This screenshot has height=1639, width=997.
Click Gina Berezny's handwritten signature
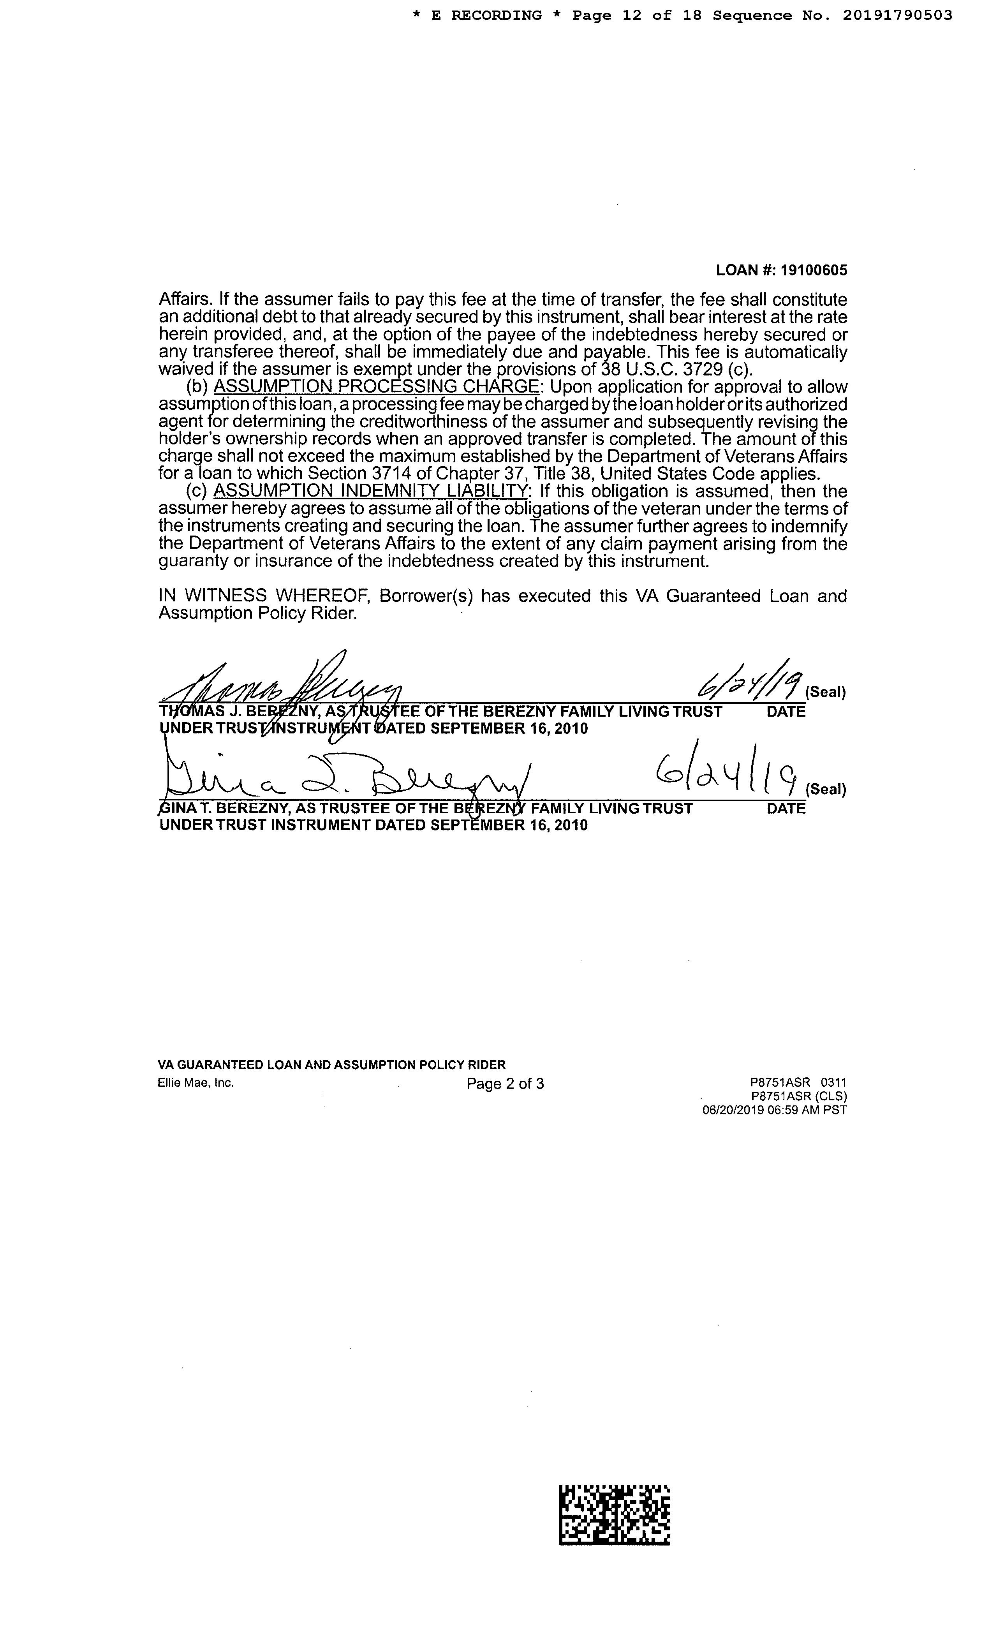tap(346, 778)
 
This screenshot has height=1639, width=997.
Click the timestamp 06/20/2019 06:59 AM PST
tap(774, 1110)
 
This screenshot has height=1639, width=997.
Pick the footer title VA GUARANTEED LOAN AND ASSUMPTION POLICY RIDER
tap(331, 1064)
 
